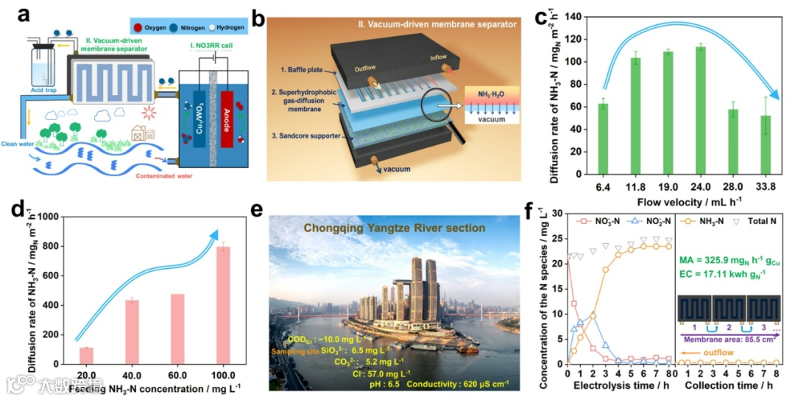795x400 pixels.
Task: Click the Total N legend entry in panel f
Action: (766, 220)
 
